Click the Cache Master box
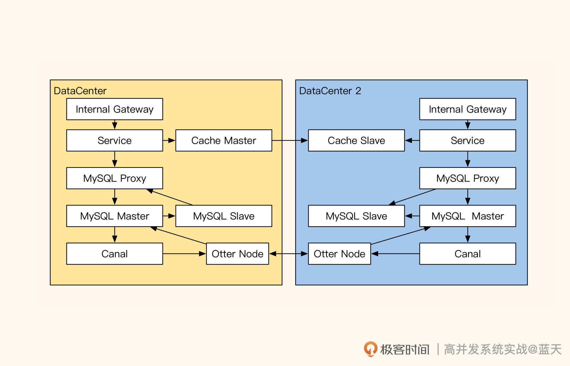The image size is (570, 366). coord(224,140)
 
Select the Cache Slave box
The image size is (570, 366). coord(356,140)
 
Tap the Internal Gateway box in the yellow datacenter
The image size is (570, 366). coord(115,109)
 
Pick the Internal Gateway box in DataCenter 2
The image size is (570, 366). coord(468,109)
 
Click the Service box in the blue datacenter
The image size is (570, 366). coord(468,140)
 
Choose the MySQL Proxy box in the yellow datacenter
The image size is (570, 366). coord(115,178)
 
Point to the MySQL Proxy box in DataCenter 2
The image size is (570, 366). coord(468,178)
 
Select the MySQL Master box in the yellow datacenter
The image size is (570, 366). coord(115,216)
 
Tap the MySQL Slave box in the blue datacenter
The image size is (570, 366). coord(356,216)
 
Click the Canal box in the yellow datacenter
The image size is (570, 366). coord(115,254)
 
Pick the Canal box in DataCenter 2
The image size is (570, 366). coord(468,254)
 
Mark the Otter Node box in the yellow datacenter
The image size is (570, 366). coord(237,254)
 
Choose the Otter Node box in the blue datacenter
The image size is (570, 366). coord(339,254)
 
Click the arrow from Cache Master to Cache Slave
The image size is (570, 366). coord(290,140)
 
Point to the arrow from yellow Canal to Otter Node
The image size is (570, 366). coord(184,254)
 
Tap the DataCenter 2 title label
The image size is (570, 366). coord(330,91)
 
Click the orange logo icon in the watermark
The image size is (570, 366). coord(370,349)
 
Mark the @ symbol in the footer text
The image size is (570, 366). coord(533,349)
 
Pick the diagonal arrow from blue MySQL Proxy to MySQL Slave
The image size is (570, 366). coord(413,197)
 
